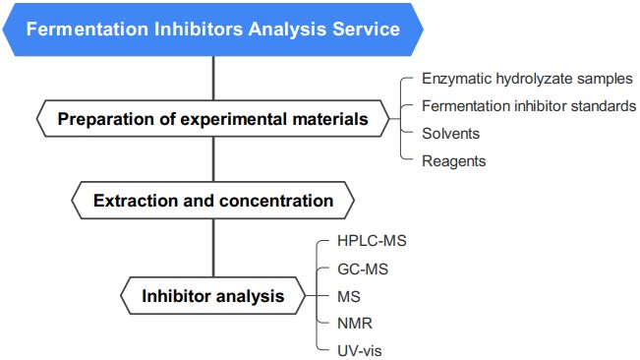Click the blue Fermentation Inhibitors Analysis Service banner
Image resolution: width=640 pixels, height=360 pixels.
(x=213, y=29)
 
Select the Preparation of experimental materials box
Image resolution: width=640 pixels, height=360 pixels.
(x=213, y=120)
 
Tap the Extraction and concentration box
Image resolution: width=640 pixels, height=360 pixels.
(x=213, y=201)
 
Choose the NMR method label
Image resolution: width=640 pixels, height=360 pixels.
(x=354, y=321)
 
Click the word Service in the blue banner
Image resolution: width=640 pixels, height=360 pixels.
(x=367, y=29)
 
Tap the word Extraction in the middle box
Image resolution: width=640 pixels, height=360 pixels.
(x=133, y=201)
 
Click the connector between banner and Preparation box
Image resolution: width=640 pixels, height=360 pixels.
(x=213, y=77)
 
